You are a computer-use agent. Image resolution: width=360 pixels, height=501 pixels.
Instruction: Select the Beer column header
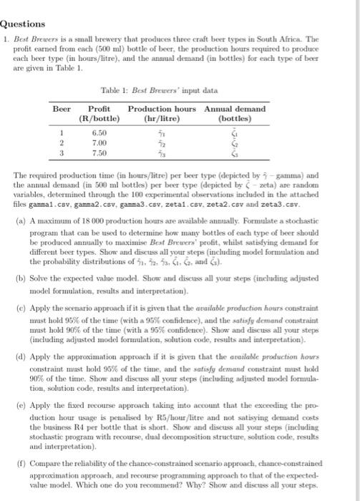(x=63, y=108)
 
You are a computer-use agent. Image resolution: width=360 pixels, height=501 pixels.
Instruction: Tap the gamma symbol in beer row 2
(x=161, y=142)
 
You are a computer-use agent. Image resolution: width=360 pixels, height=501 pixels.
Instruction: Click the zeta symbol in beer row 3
(x=232, y=152)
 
